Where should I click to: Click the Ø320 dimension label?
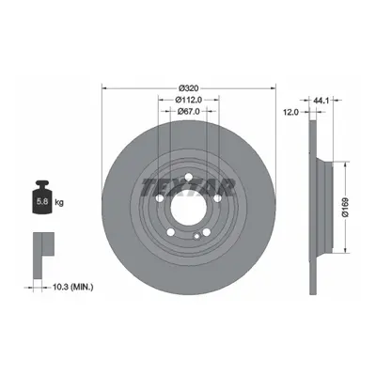click(189, 87)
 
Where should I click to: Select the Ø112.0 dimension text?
click(188, 100)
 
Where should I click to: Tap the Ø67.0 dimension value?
click(188, 111)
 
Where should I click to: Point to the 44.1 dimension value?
click(321, 101)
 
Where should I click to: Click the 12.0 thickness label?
click(291, 112)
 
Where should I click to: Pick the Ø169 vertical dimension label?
click(345, 208)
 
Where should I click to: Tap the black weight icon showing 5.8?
click(42, 197)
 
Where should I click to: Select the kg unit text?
click(59, 202)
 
